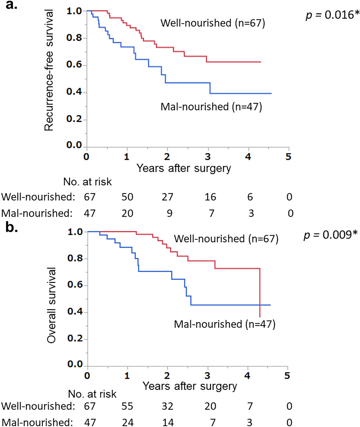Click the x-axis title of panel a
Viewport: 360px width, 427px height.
(184, 168)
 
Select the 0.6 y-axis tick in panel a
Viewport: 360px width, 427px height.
(76, 65)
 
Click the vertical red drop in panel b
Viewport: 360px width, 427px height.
(260, 294)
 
